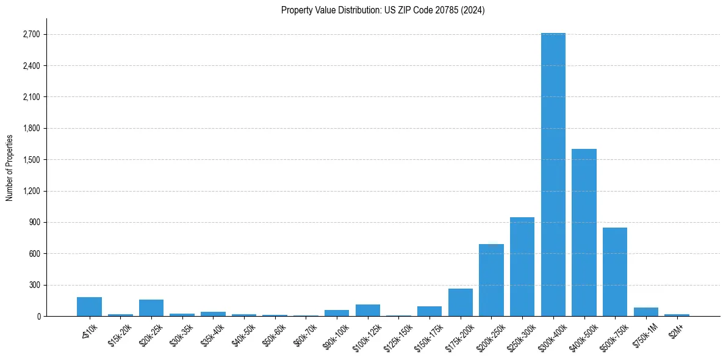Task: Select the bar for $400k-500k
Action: pos(584,232)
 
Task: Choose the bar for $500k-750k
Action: pos(615,272)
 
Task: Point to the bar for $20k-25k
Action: pos(151,308)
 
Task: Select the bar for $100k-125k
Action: pos(368,310)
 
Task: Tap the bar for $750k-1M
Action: pos(646,312)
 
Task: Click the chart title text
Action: pos(383,10)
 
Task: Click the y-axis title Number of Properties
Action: pos(10,168)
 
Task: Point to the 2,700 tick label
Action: pos(31,34)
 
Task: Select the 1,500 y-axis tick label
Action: pos(31,160)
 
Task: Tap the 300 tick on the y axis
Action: pos(34,285)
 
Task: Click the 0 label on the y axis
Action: pos(38,317)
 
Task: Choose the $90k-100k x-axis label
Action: pos(335,336)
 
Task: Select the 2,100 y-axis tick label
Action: pos(31,97)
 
